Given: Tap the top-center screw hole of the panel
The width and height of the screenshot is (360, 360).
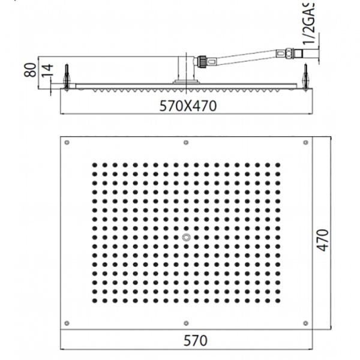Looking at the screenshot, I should pos(187,142).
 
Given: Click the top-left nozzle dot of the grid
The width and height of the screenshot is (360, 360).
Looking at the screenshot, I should pos(94,164).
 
